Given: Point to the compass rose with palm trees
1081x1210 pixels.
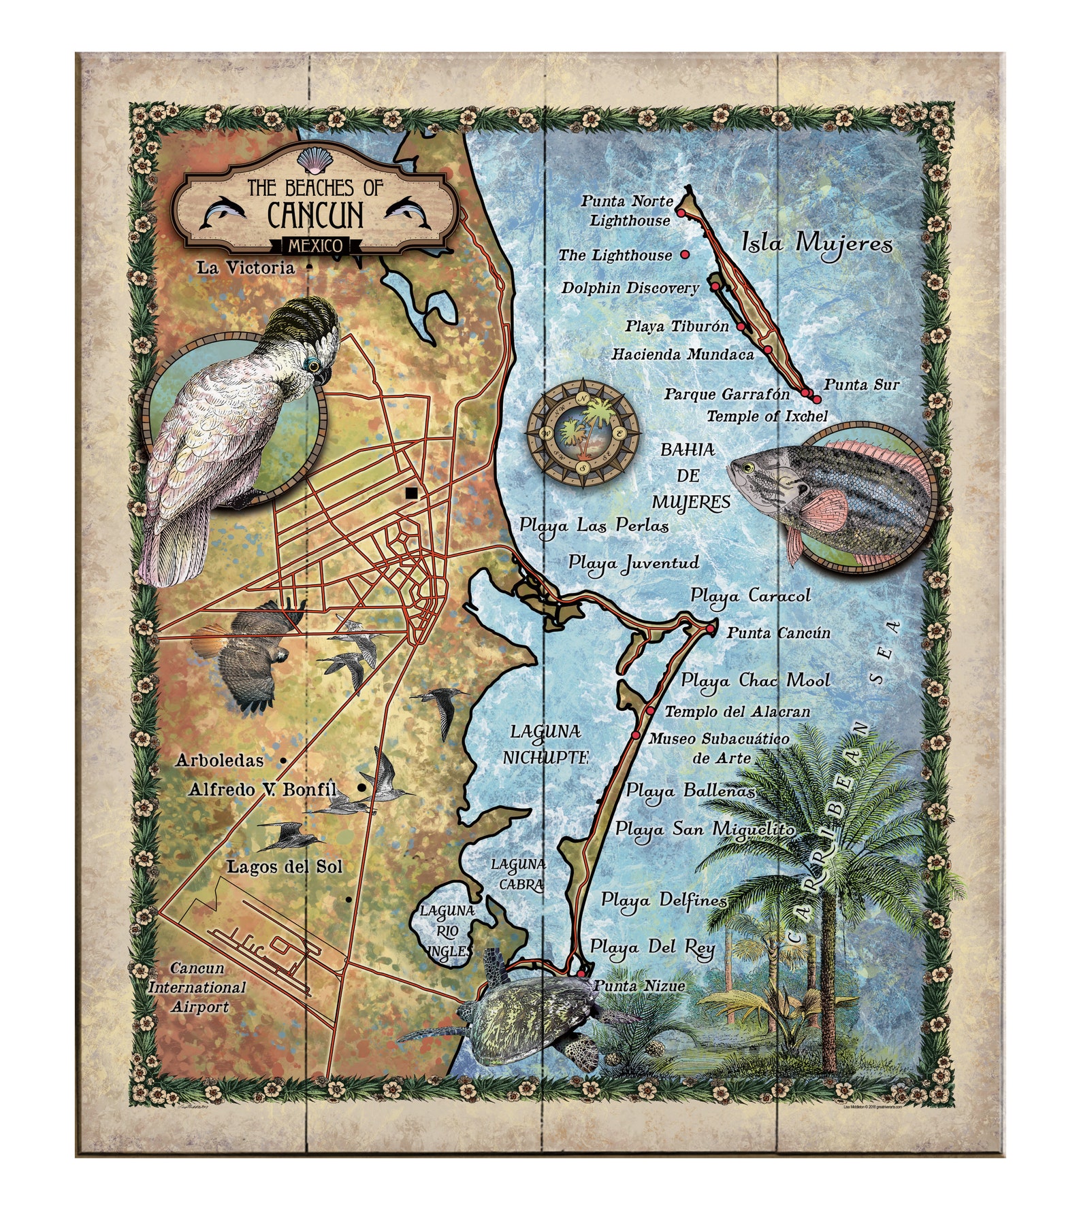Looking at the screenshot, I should point(583,433).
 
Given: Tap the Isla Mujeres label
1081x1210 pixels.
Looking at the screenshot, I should point(816,241).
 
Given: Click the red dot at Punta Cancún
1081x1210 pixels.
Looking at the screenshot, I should point(710,630).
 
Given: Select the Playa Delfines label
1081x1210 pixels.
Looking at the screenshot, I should point(664,900).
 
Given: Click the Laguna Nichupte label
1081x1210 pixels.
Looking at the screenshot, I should point(545,744).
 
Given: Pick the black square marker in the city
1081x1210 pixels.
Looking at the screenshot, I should point(410,494).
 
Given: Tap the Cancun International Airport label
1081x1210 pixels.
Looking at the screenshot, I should point(197,987).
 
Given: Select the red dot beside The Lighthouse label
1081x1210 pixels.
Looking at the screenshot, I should point(685,254).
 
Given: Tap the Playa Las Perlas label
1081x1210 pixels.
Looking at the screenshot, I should point(594,525).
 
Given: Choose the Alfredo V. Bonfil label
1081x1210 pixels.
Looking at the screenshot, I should point(263,789).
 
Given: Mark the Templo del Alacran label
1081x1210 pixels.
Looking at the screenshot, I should point(737,711).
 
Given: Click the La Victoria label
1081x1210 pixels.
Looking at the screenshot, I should point(246,267).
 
